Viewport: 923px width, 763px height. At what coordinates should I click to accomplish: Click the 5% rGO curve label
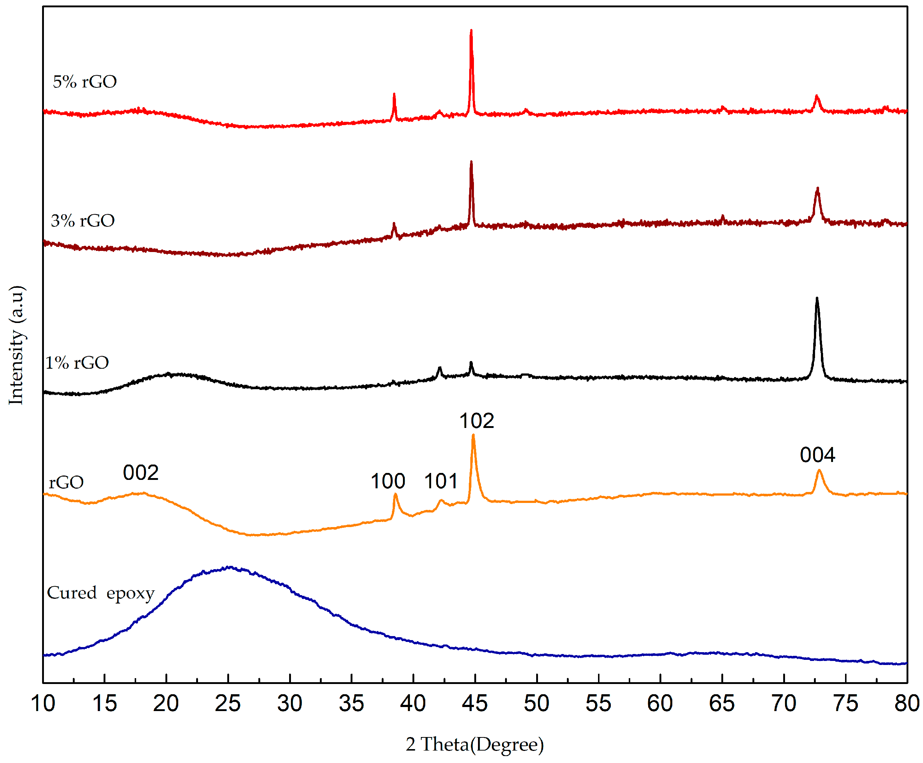[x=85, y=82]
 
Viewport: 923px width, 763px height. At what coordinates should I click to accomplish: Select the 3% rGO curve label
[x=83, y=221]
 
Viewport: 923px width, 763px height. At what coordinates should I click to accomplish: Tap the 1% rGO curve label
[x=77, y=363]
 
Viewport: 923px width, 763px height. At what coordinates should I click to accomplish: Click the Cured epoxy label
[x=101, y=593]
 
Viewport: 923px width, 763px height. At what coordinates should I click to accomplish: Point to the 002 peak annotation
[x=141, y=473]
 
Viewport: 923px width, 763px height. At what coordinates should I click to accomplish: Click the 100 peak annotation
[x=388, y=481]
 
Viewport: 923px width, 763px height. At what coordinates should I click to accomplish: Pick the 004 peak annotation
[x=817, y=455]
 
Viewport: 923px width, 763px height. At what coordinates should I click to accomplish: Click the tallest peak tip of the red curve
[x=471, y=31]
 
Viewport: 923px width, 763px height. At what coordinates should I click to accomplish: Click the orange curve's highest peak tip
[x=473, y=435]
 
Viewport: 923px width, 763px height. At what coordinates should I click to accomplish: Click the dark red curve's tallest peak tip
[x=471, y=162]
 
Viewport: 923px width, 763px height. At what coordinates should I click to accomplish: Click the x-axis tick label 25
[x=228, y=704]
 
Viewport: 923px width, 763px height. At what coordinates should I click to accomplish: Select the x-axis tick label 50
[x=536, y=704]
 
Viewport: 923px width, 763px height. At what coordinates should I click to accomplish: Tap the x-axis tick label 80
[x=906, y=704]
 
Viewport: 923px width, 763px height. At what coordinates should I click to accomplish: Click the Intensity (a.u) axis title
[x=17, y=345]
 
